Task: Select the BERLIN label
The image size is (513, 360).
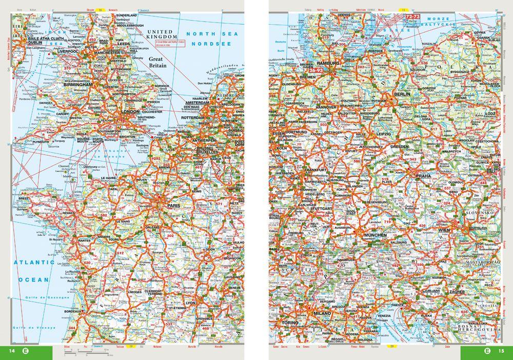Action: [401, 95]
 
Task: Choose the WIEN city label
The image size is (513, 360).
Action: [445, 231]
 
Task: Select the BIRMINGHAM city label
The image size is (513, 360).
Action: [77, 85]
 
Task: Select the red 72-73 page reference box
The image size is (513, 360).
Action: [413, 17]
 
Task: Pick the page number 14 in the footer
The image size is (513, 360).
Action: [12, 351]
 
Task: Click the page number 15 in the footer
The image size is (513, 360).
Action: [501, 351]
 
